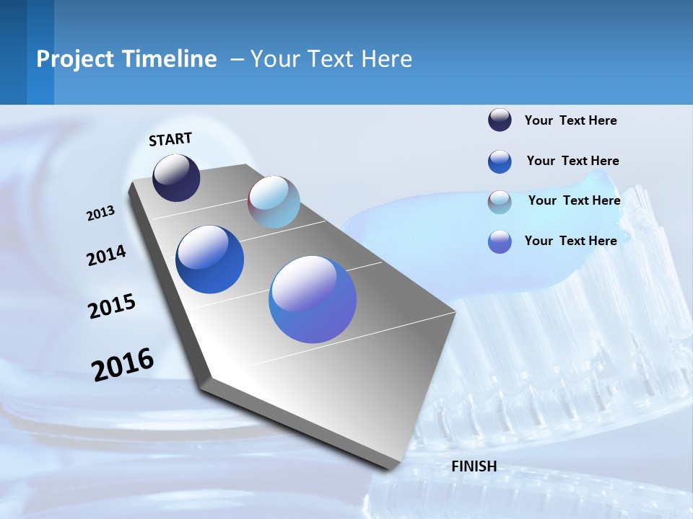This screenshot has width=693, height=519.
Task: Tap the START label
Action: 170,139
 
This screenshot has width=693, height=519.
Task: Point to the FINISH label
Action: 474,466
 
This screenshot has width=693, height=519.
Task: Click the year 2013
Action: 100,213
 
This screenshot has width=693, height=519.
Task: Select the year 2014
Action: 106,255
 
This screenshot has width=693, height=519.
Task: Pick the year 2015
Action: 112,306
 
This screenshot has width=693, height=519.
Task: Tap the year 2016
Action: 123,364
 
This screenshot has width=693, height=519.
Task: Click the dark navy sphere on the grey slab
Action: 176,178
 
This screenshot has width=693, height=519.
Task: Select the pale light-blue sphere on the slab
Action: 274,202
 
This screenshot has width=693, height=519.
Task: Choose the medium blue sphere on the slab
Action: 209,259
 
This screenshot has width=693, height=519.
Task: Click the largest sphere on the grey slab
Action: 313,299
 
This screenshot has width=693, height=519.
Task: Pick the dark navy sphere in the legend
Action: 500,120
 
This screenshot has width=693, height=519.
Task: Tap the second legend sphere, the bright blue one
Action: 500,161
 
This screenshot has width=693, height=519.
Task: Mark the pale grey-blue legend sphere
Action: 500,202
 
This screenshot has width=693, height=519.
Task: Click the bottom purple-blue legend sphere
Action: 500,241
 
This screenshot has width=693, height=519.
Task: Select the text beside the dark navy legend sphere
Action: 570,120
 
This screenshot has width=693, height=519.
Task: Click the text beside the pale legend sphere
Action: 574,200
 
